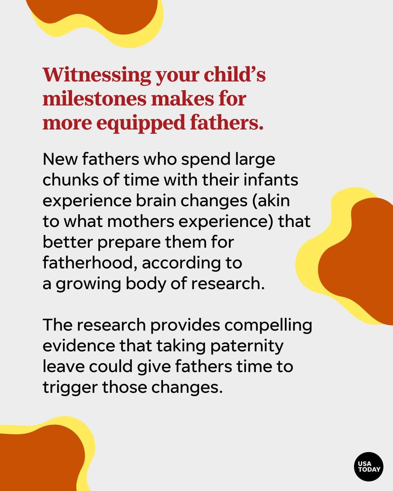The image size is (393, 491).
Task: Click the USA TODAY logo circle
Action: click(369, 467)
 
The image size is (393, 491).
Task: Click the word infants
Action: click(271, 180)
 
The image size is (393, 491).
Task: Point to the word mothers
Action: click(140, 221)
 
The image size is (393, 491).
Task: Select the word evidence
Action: click(79, 346)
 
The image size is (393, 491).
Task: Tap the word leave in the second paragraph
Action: click(63, 367)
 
